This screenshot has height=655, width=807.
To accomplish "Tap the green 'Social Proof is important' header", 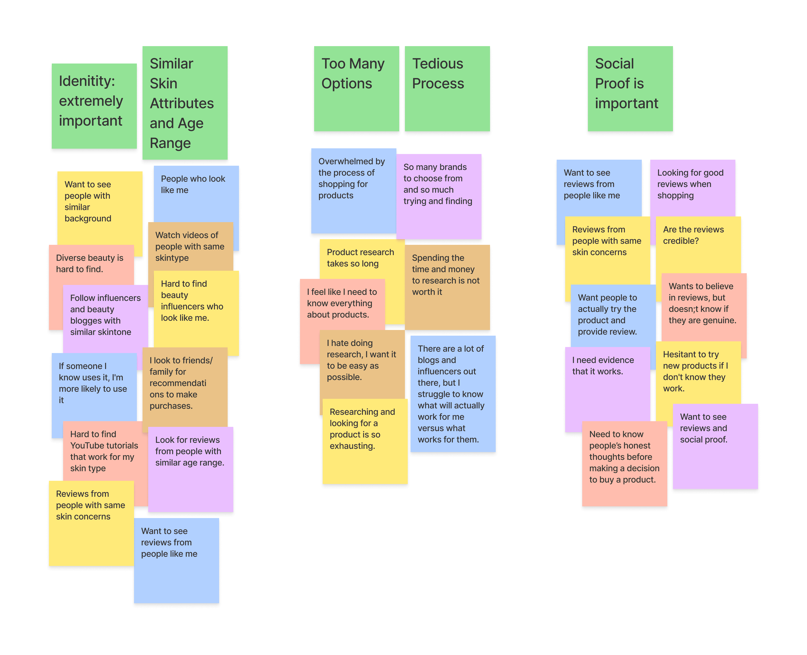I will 630,89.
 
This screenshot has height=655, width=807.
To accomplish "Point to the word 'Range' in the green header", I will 170,143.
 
